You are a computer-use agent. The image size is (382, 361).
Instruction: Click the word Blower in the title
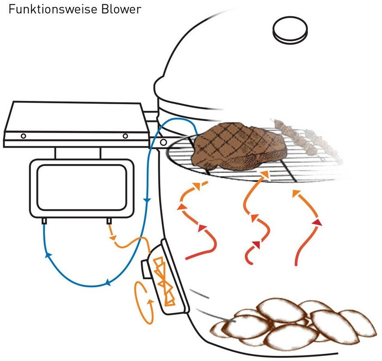click(x=121, y=9)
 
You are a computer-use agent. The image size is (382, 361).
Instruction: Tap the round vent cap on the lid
click(x=290, y=30)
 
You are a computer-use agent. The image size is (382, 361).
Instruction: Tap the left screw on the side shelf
click(x=24, y=136)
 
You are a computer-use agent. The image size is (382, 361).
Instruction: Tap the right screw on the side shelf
click(x=125, y=136)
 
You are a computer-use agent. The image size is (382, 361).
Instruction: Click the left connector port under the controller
click(x=44, y=221)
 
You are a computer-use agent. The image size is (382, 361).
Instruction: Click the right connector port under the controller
click(x=109, y=221)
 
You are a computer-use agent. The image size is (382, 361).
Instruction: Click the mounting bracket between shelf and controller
click(x=78, y=153)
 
